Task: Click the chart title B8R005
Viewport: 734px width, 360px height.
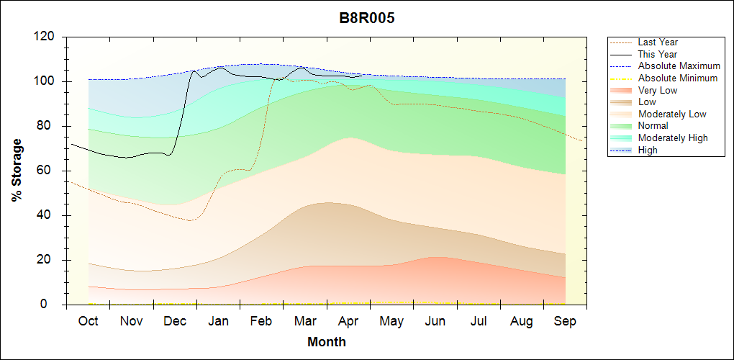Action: pyautogui.click(x=366, y=18)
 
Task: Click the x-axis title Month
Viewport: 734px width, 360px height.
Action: pyautogui.click(x=326, y=342)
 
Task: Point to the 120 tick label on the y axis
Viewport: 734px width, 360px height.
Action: pyautogui.click(x=45, y=37)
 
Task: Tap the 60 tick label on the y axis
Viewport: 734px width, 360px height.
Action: pyautogui.click(x=47, y=171)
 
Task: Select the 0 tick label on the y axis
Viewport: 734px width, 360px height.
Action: pyautogui.click(x=51, y=305)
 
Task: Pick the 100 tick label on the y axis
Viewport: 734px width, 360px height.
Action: pyautogui.click(x=45, y=81)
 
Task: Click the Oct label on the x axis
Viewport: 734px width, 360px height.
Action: pyautogui.click(x=88, y=321)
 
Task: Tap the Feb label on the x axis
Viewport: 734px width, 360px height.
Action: pyautogui.click(x=261, y=321)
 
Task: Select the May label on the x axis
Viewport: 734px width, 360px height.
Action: pyautogui.click(x=391, y=321)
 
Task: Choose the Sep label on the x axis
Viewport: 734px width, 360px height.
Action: pyautogui.click(x=565, y=321)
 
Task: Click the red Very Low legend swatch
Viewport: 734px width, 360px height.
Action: pyautogui.click(x=622, y=90)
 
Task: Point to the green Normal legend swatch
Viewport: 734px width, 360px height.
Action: pyautogui.click(x=622, y=126)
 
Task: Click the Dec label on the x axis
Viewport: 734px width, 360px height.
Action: pyautogui.click(x=175, y=321)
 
